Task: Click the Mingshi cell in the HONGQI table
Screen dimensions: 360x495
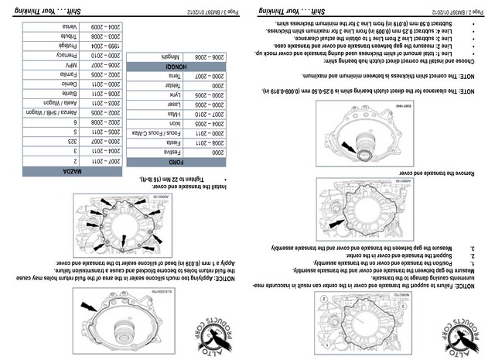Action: (x=172, y=57)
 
